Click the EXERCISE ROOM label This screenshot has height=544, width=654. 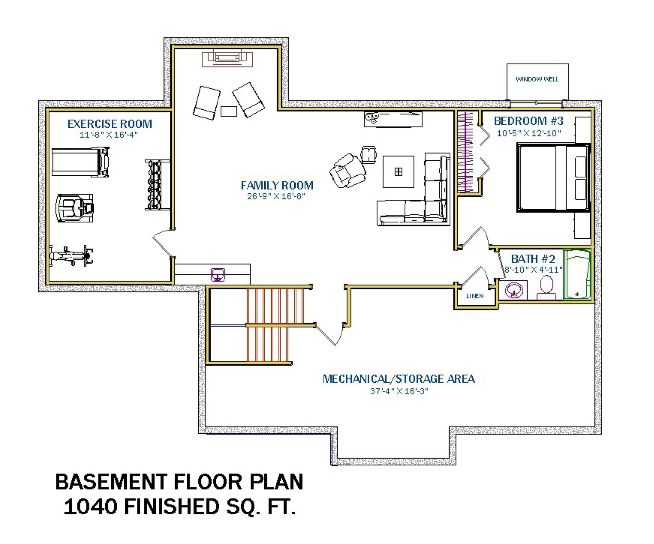coord(110,124)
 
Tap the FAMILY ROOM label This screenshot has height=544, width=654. coord(277,186)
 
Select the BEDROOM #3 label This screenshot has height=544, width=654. coord(529,121)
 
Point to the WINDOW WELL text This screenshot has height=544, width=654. coord(537,79)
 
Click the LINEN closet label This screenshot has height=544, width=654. coord(475,296)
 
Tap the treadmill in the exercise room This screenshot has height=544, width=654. coord(80,162)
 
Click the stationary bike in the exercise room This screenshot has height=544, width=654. coord(71,256)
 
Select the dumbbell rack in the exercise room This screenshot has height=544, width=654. coord(158,185)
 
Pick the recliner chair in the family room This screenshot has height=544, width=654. coord(348,171)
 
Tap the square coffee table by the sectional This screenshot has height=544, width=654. coord(398,172)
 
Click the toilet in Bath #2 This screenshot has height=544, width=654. coord(546,288)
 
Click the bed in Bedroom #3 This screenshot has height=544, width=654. coord(554,178)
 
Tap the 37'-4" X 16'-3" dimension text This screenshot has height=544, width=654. coord(399,391)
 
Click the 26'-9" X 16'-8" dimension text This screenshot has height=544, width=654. coord(276,196)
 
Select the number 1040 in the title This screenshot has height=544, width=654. coord(91,507)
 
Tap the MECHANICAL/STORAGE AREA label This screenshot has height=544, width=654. coord(399,379)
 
